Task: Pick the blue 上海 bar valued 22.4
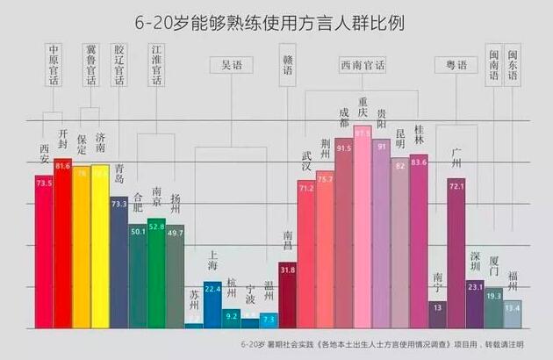click(212, 304)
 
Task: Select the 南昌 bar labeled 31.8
click(287, 294)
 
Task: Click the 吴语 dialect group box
click(232, 65)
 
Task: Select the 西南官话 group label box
click(362, 65)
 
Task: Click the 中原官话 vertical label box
click(54, 64)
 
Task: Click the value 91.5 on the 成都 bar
click(343, 149)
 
